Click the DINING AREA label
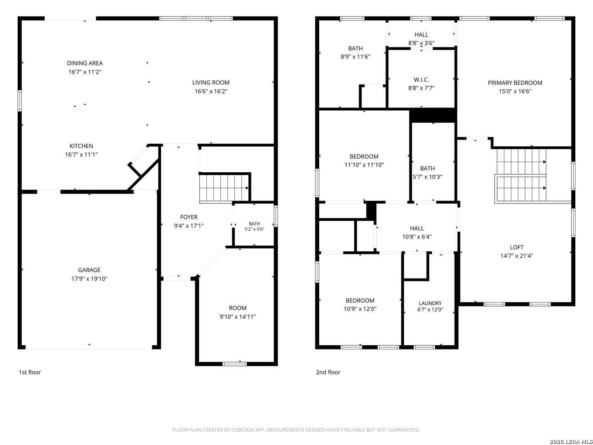pyautogui.click(x=84, y=63)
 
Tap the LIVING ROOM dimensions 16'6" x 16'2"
pyautogui.click(x=211, y=91)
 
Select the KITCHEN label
pyautogui.click(x=81, y=146)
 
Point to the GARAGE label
pyautogui.click(x=89, y=270)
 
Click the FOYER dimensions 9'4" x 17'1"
pyautogui.click(x=189, y=226)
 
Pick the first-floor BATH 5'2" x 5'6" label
pyautogui.click(x=254, y=227)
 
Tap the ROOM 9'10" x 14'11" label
pyautogui.click(x=238, y=312)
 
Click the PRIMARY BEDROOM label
pyautogui.click(x=515, y=83)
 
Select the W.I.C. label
pyautogui.click(x=421, y=80)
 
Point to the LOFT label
pyautogui.click(x=516, y=247)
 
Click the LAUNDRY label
pyautogui.click(x=430, y=303)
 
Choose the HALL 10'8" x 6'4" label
pyautogui.click(x=417, y=232)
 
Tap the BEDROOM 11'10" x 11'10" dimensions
pyautogui.click(x=364, y=165)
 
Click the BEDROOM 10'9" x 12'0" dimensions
pyautogui.click(x=360, y=309)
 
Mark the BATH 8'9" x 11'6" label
pyautogui.click(x=355, y=52)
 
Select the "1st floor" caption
pyautogui.click(x=30, y=372)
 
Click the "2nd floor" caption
pyautogui.click(x=328, y=372)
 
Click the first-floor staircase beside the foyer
pyautogui.click(x=224, y=188)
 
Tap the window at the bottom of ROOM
pyautogui.click(x=234, y=364)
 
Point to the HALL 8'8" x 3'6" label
pyautogui.click(x=421, y=39)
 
